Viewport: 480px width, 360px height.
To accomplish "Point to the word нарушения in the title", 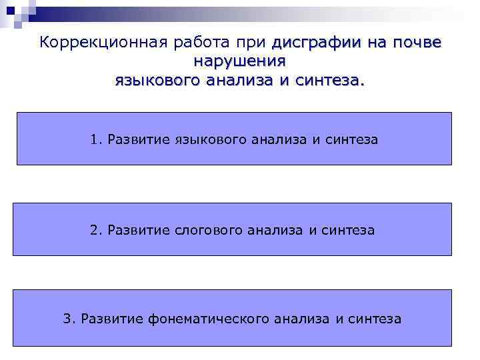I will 239,62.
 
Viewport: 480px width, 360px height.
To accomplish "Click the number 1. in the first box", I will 96,139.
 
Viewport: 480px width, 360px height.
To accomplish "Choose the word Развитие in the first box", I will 139,139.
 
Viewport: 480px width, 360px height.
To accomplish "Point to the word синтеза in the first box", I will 353,139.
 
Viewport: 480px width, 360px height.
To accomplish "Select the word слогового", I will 210,231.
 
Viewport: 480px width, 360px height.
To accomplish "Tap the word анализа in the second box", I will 275,231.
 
